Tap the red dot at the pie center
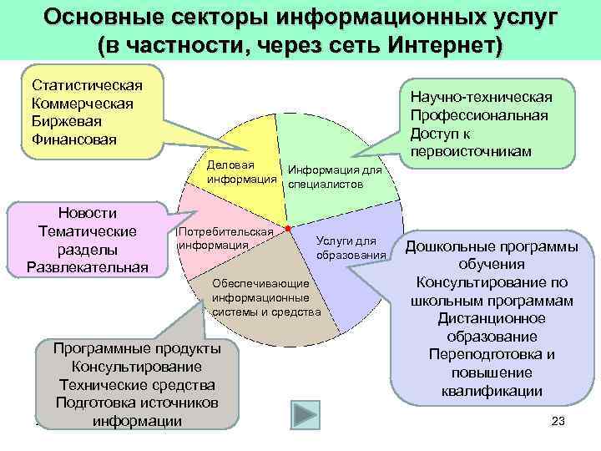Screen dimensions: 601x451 [x=287, y=227]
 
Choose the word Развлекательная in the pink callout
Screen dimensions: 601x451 [x=87, y=267]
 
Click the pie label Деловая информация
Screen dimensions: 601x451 [x=242, y=171]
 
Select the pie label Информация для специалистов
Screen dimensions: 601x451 [x=329, y=176]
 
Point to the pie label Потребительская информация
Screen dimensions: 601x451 [x=225, y=238]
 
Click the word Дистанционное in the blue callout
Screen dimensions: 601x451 [x=490, y=318]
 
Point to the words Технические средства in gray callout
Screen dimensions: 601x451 [x=137, y=385]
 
